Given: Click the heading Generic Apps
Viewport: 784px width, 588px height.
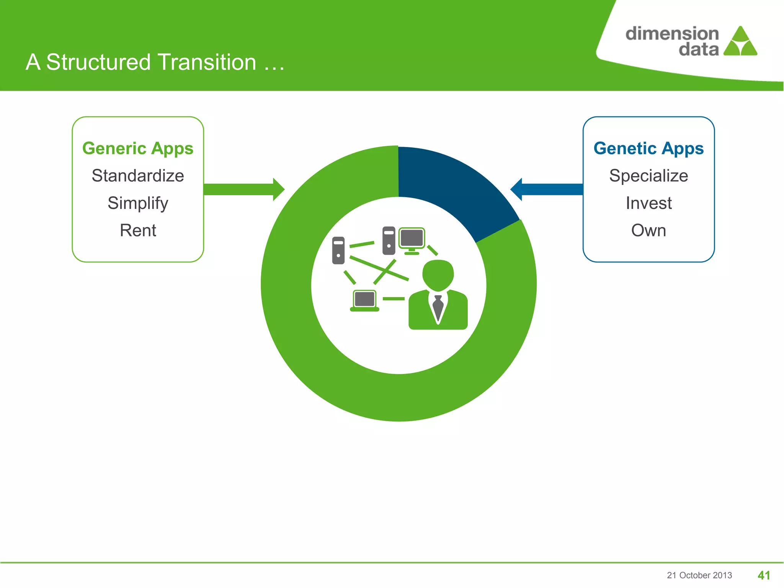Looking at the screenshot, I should pyautogui.click(x=138, y=149).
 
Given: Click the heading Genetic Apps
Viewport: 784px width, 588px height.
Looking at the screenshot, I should pyautogui.click(x=648, y=149).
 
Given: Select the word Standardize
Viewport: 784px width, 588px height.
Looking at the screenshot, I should pyautogui.click(x=138, y=176).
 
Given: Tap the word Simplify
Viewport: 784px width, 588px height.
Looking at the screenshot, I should pyautogui.click(x=138, y=203).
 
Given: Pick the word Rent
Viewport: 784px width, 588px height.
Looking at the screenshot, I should pyautogui.click(x=138, y=230).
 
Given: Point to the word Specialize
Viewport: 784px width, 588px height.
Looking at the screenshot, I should pyautogui.click(x=648, y=176).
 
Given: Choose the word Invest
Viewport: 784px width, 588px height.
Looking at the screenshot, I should pyautogui.click(x=648, y=203).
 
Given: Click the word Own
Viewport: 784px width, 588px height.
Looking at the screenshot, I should pyautogui.click(x=648, y=230).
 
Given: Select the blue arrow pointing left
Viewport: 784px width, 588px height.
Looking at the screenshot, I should pyautogui.click(x=547, y=189).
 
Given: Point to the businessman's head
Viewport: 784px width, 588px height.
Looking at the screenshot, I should pyautogui.click(x=438, y=274).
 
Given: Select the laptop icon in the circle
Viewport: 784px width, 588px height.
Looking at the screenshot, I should pyautogui.click(x=364, y=301).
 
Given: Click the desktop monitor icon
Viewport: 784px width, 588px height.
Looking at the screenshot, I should pyautogui.click(x=412, y=240).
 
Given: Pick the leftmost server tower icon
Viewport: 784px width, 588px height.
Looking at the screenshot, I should pyautogui.click(x=338, y=250).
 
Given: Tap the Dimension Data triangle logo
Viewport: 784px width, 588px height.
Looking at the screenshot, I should pyautogui.click(x=740, y=42).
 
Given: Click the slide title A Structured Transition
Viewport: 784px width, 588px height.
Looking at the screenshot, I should pyautogui.click(x=155, y=62).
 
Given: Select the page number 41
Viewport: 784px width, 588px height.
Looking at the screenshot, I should pyautogui.click(x=764, y=575).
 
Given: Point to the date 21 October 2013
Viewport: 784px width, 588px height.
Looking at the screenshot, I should pyautogui.click(x=699, y=575).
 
